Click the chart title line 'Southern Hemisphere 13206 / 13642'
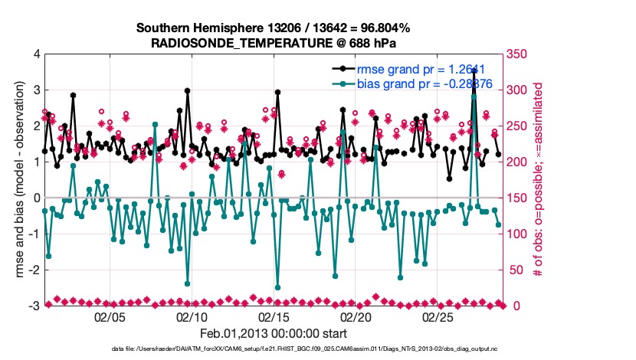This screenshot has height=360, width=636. point(273,28)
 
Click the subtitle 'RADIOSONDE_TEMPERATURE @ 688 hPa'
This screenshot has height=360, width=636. point(273,43)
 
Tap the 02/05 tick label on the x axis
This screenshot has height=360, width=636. point(110,316)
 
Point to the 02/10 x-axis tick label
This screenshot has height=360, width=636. point(192,316)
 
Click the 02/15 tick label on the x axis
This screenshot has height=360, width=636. point(274,316)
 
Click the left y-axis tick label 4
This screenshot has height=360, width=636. point(36,54)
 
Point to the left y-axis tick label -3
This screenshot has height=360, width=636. point(34,306)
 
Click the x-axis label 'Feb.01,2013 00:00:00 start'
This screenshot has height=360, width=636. point(273,334)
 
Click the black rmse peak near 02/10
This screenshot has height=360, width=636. point(187,90)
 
